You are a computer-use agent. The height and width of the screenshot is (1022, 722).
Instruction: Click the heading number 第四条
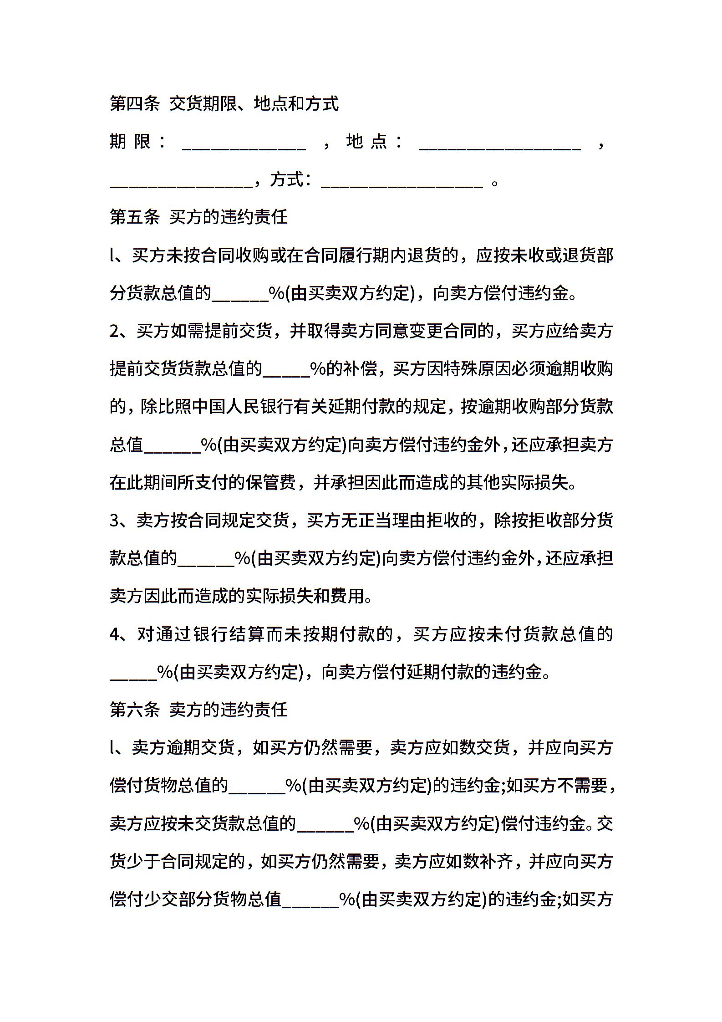click(x=135, y=104)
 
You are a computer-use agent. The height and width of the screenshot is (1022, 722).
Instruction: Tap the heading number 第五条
click(x=135, y=217)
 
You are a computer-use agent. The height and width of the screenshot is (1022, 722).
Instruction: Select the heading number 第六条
click(x=135, y=710)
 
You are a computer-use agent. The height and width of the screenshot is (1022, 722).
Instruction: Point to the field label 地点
click(x=366, y=141)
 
